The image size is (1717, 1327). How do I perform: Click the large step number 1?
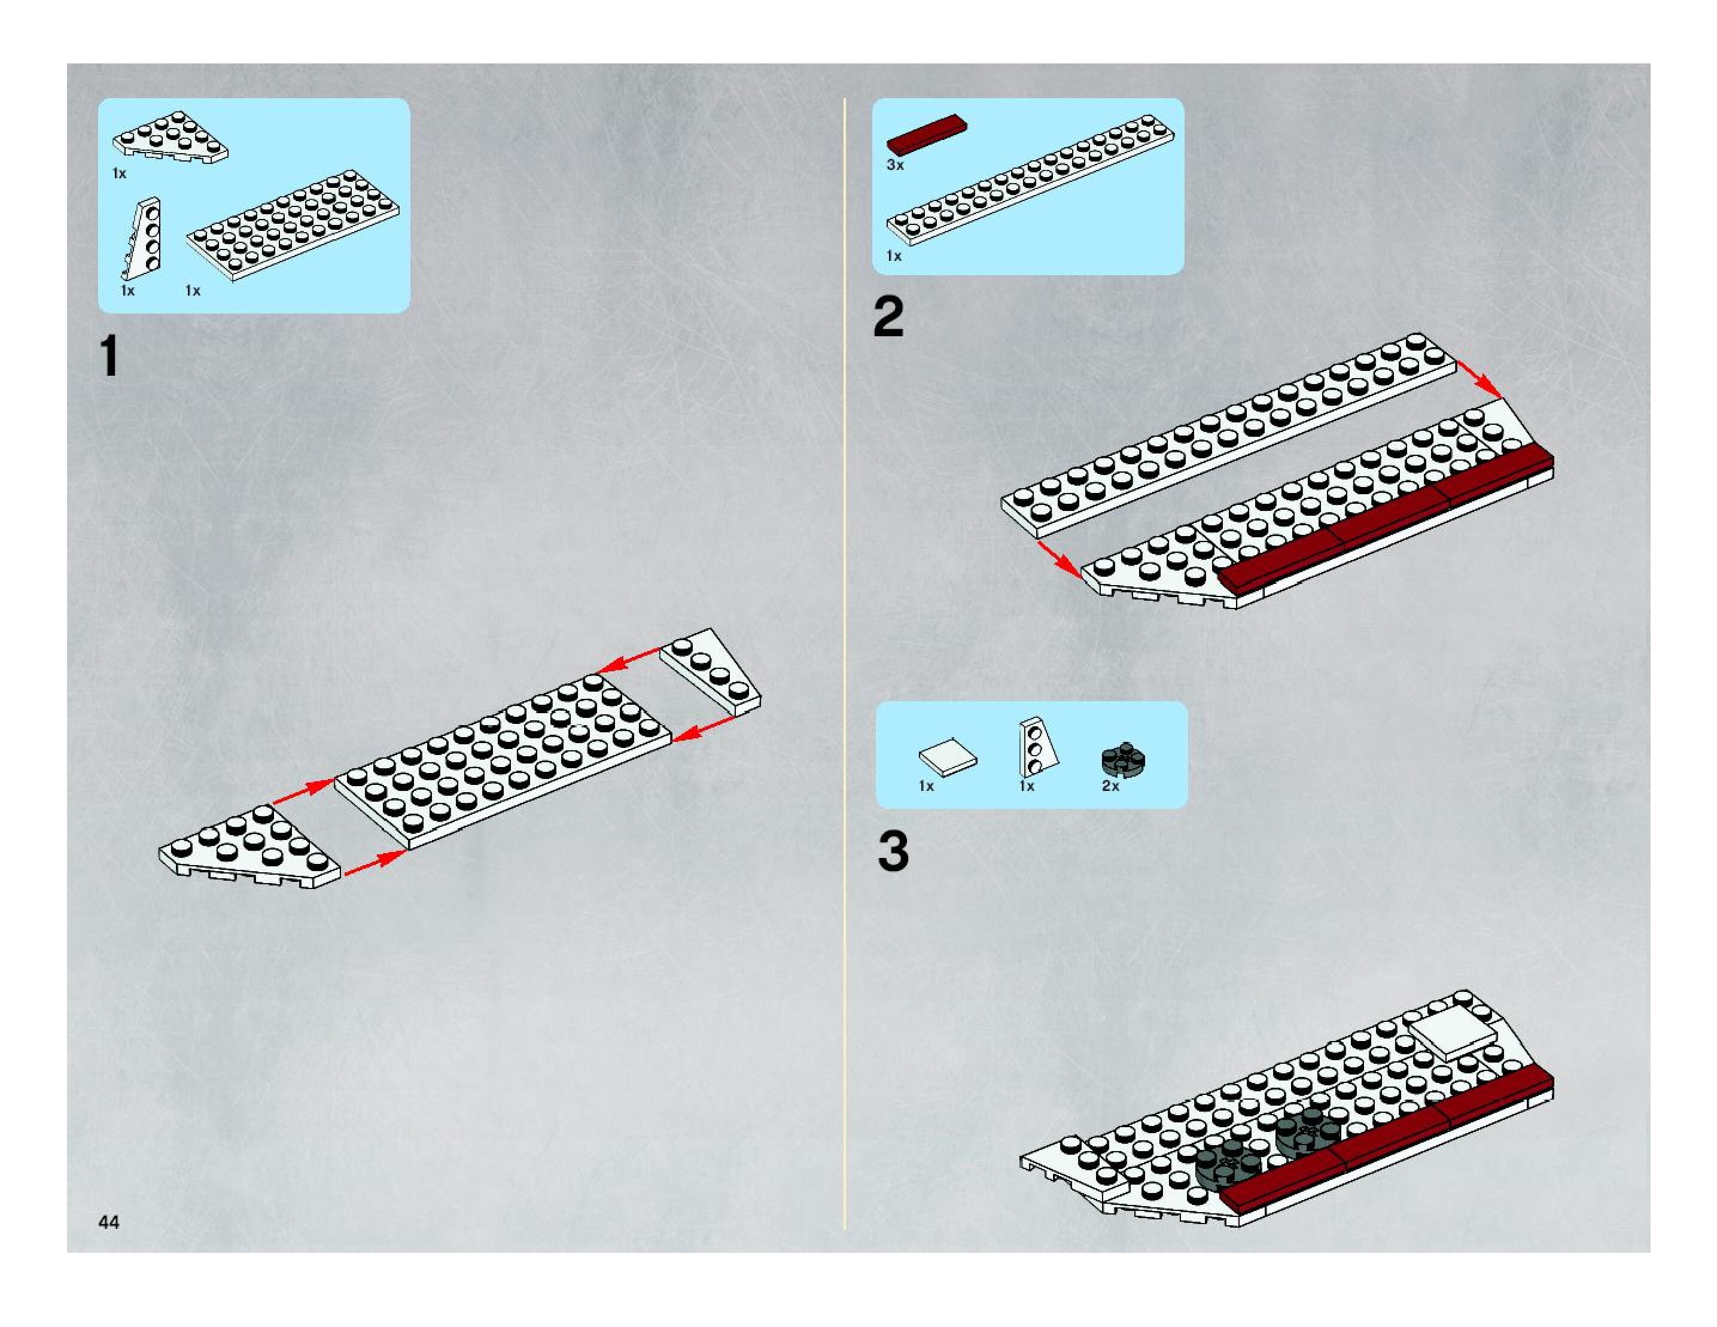pos(110,356)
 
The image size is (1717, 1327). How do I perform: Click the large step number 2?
pos(888,318)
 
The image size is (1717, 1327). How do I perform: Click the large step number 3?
pos(893,851)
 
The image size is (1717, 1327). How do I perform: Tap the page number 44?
pos(108,1221)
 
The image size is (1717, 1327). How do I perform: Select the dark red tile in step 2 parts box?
pos(926,135)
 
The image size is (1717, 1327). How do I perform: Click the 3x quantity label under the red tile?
pos(894,165)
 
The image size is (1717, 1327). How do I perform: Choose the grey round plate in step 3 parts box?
pos(1124,759)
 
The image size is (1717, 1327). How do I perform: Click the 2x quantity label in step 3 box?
pos(1110,786)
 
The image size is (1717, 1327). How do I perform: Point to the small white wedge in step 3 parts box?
pos(1036,747)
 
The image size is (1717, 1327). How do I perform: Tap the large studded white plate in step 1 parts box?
pos(293,224)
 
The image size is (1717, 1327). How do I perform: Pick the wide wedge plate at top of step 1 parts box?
pos(171,138)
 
